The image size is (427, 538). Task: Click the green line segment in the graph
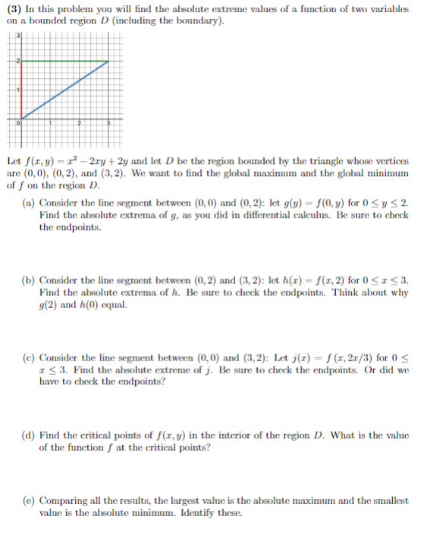[x=64, y=61]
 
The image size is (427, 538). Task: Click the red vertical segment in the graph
[x=21, y=90]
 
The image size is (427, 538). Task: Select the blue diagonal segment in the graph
[x=64, y=90]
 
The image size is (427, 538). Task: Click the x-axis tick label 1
[x=50, y=122]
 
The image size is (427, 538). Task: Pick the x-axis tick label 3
[x=108, y=122]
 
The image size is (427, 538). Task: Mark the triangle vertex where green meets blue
[x=108, y=61]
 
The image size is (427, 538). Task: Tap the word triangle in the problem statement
[x=304, y=162]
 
